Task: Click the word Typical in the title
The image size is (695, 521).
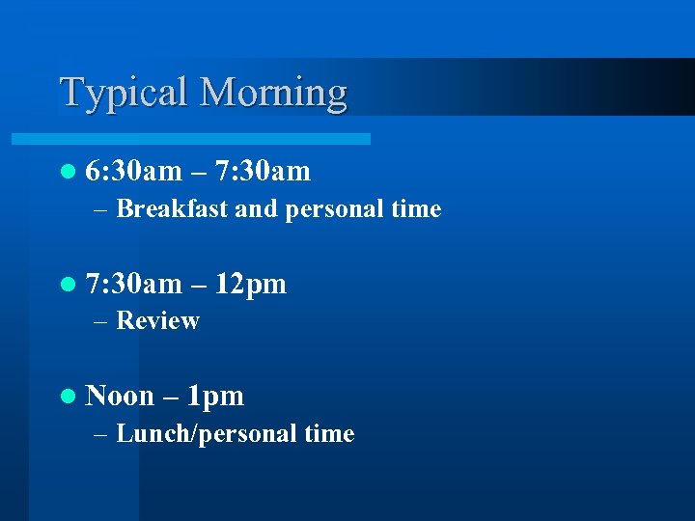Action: pyautogui.click(x=125, y=93)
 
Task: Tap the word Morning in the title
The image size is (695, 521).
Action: pyautogui.click(x=273, y=93)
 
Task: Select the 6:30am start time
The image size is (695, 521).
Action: pyautogui.click(x=133, y=172)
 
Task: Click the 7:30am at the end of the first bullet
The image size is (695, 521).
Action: pyautogui.click(x=263, y=172)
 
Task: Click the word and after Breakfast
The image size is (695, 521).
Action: pyautogui.click(x=255, y=208)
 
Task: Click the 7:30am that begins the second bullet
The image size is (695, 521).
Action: pyautogui.click(x=133, y=284)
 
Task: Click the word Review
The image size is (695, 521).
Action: pyautogui.click(x=157, y=320)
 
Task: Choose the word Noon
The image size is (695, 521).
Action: pyautogui.click(x=120, y=396)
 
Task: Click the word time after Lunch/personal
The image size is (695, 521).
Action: pyautogui.click(x=329, y=434)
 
